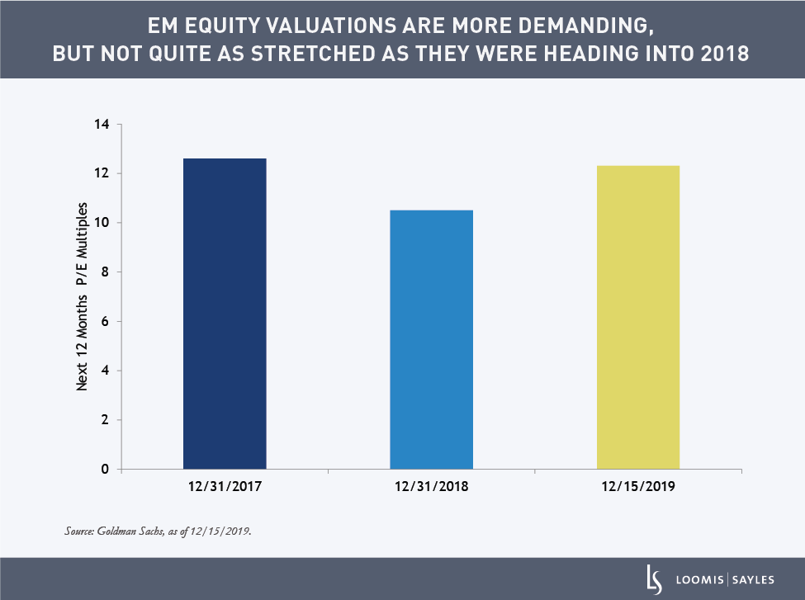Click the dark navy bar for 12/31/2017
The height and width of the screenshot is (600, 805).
(x=225, y=314)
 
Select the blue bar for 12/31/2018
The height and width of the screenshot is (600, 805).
(x=431, y=339)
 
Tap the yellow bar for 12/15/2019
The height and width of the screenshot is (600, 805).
(x=638, y=317)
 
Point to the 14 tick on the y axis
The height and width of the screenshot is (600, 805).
(x=103, y=125)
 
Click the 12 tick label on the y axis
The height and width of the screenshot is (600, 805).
(x=103, y=173)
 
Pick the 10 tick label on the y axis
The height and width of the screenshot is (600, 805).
(x=103, y=223)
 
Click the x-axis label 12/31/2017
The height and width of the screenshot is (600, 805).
(x=225, y=487)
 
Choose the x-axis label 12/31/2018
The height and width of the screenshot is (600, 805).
(x=431, y=487)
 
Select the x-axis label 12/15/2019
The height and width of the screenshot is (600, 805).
(x=638, y=487)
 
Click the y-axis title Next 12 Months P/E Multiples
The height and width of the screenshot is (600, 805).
(x=83, y=297)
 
